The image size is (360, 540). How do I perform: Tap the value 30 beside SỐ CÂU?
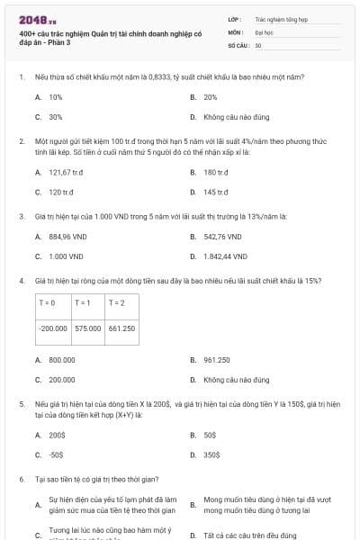coord(258,44)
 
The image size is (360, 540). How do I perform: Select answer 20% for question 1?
coord(210,96)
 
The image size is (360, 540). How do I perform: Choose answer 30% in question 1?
coord(55,117)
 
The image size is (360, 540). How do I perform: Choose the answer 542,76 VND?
coord(222,237)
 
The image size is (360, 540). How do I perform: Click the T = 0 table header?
coord(48,303)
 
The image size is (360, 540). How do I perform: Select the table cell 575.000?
coord(88,328)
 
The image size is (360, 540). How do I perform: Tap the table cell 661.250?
coord(121,328)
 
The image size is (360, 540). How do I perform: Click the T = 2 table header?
coord(116,303)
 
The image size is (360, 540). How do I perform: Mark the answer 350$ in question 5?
coord(211,454)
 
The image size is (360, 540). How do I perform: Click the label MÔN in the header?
coord(235,31)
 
